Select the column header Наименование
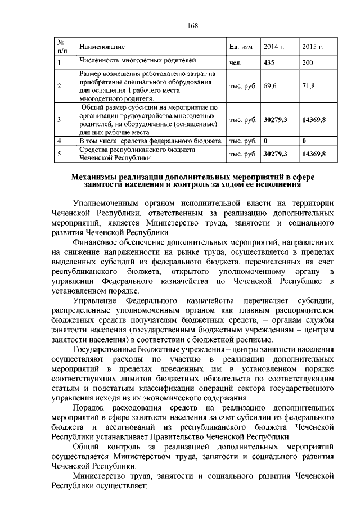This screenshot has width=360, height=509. point(102,46)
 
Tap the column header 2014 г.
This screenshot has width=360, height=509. point(273,46)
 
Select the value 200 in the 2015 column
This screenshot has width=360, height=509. point(308,62)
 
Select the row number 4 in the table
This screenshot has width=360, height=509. point(59,139)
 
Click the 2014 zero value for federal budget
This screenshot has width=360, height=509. point(265,139)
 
